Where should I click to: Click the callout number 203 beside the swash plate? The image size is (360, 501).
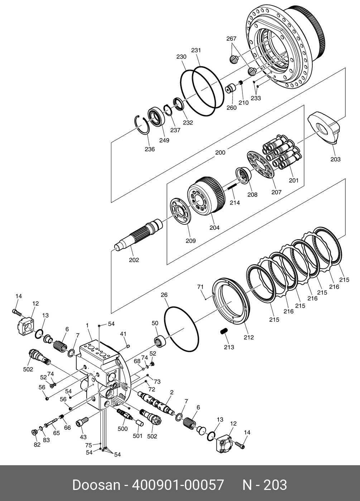[x=335, y=159]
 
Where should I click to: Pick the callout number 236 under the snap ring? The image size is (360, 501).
[x=150, y=149]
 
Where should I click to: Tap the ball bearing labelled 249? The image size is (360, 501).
[x=157, y=117]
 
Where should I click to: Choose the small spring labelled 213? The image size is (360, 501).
[x=224, y=331]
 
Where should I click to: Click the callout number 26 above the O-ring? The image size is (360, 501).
[x=164, y=295]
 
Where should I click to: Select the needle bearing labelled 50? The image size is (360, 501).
[x=160, y=341]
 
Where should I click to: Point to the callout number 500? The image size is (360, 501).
[x=123, y=429]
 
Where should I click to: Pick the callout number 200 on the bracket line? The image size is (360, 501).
[x=220, y=152]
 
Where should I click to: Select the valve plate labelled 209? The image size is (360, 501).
[x=181, y=211]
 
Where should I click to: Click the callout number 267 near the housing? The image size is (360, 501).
[x=231, y=39]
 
